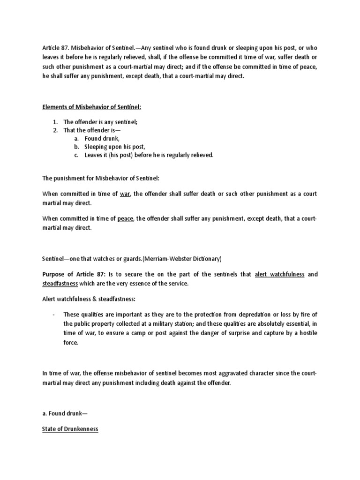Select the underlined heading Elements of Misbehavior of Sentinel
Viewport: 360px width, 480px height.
[91, 107]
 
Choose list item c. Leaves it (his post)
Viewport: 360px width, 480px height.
[149, 155]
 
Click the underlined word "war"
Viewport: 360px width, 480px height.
[125, 194]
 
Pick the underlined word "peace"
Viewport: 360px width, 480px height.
[126, 218]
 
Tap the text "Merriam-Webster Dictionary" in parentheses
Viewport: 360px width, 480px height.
[180, 258]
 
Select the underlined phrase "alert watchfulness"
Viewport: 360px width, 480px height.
[280, 274]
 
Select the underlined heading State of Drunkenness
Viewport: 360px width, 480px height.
[70, 429]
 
